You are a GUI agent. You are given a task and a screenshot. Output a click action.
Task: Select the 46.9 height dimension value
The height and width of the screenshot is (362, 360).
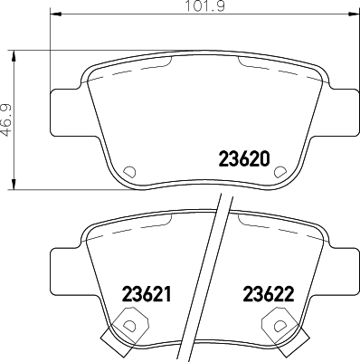click(7, 119)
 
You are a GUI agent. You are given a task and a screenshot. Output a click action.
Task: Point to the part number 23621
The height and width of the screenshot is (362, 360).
click(146, 294)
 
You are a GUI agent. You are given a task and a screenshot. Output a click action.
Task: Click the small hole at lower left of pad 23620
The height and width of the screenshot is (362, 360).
click(128, 171)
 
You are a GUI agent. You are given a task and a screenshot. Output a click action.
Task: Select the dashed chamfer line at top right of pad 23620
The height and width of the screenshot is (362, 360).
click(254, 64)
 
